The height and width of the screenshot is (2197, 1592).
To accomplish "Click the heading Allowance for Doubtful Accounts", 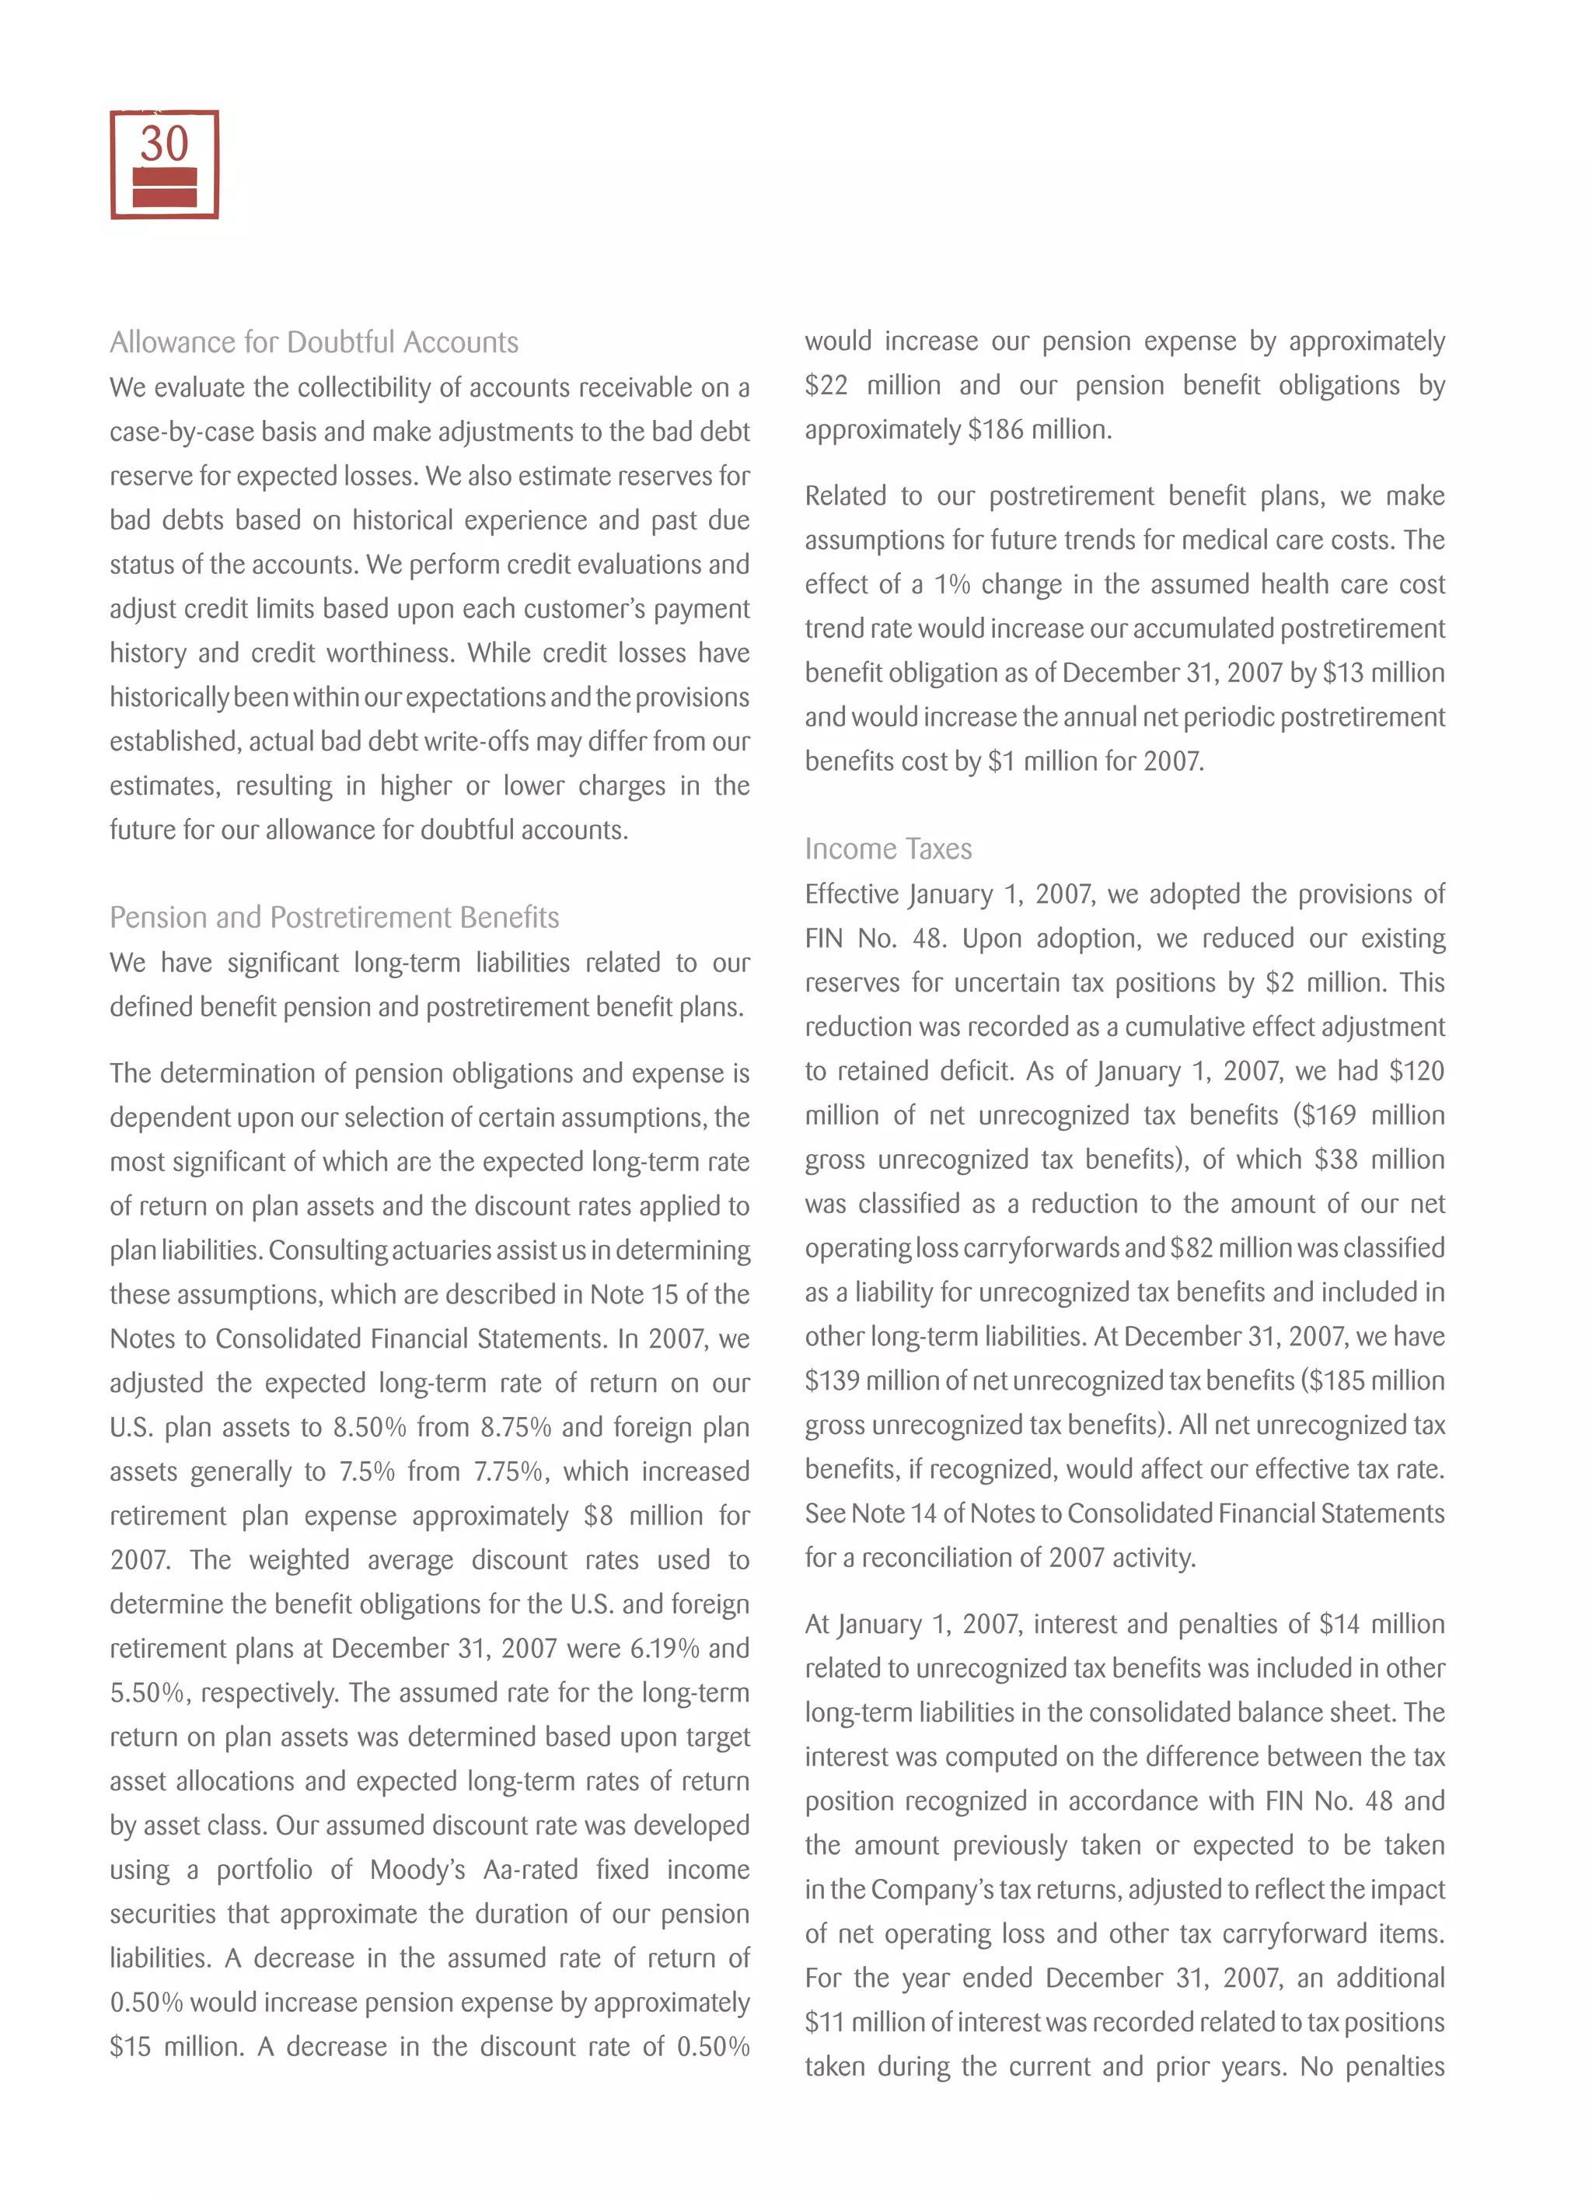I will click(x=314, y=342).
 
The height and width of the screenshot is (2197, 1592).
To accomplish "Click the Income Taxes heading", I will click(x=888, y=848).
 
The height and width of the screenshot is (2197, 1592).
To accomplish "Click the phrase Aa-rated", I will click(x=529, y=1869).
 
